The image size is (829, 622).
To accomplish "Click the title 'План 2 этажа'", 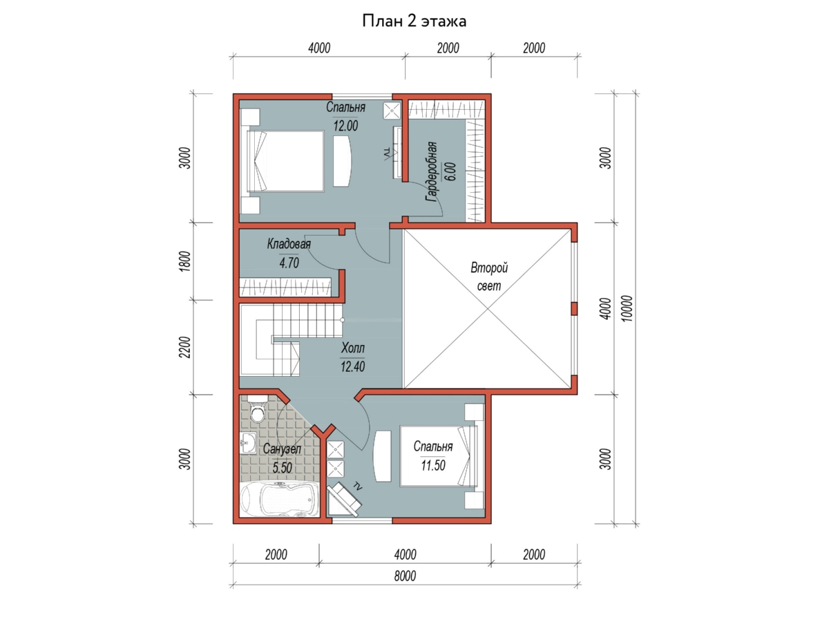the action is [414, 21].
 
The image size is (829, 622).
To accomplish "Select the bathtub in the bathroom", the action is [280, 499].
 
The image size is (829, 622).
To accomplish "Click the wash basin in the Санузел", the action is [248, 442].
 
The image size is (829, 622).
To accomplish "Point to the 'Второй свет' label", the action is [488, 276].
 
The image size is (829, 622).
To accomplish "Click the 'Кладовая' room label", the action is [289, 244].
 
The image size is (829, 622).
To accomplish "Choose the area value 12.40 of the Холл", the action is [353, 366].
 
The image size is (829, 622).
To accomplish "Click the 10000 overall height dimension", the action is [627, 308].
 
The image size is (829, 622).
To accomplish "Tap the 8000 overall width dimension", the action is [405, 576].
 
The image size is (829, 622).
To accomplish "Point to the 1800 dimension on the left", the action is [184, 261].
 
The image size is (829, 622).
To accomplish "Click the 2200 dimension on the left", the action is [184, 347].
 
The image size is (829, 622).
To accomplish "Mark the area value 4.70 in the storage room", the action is [289, 263].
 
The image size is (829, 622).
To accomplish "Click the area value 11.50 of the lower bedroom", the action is [433, 465].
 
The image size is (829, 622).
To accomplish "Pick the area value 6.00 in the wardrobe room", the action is [451, 172].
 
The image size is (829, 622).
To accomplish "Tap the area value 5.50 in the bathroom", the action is [282, 468].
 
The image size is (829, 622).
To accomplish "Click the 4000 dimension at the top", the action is [319, 48].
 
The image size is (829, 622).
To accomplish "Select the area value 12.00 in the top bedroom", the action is [345, 125].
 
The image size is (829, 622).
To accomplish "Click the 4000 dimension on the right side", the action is [605, 308].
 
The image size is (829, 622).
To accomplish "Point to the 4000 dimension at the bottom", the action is [405, 554].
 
